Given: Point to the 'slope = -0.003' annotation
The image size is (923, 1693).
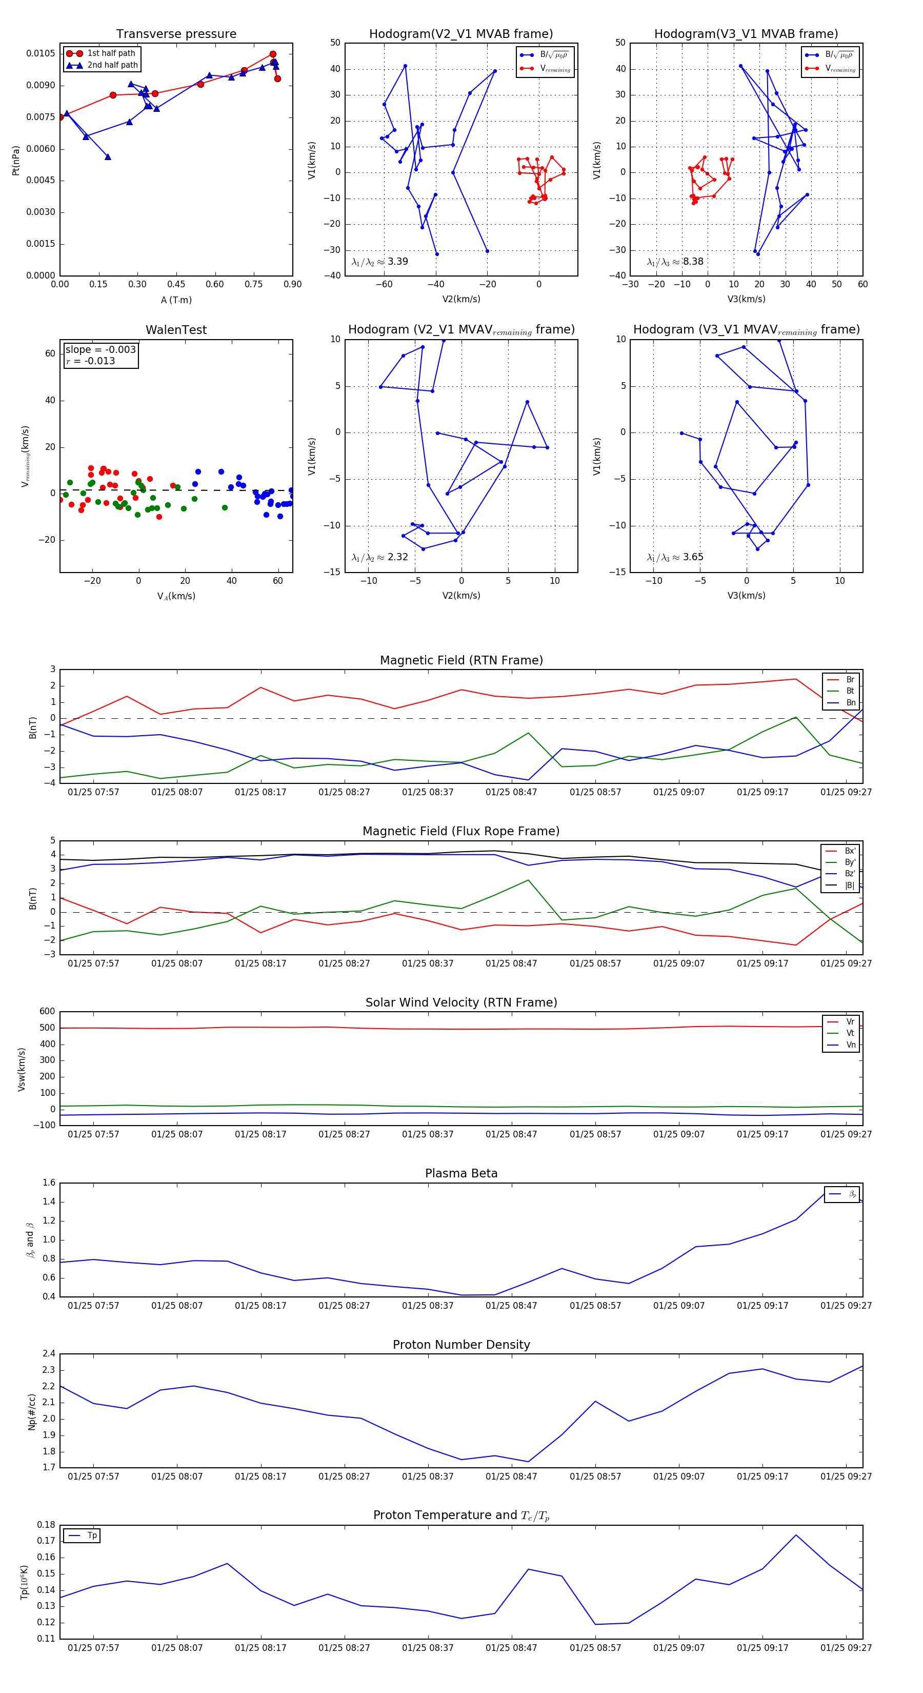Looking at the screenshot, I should point(101,350).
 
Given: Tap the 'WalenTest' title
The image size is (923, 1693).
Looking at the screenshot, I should point(176,330).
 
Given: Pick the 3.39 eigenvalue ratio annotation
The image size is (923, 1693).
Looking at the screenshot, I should point(397,262).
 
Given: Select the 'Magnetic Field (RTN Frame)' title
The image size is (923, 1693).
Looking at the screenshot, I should point(461,660).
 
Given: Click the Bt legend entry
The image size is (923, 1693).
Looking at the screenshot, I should point(850,691).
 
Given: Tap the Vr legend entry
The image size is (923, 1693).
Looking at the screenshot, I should point(850,1022).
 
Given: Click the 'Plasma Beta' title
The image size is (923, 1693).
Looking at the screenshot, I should point(461,1174).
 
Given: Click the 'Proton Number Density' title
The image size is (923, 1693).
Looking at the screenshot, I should point(461,1345).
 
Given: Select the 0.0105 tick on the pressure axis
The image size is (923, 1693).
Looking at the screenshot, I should point(41,53).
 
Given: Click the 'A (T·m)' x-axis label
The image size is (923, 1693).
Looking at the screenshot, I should point(176,300).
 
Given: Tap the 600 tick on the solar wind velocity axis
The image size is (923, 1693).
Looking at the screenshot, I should point(47,1012).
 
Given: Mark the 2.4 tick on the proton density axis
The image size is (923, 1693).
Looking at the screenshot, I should point(49,1354).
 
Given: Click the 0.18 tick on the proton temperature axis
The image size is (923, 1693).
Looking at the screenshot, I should point(46,1525).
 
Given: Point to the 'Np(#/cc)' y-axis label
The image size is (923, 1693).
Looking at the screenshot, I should point(31,1411).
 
